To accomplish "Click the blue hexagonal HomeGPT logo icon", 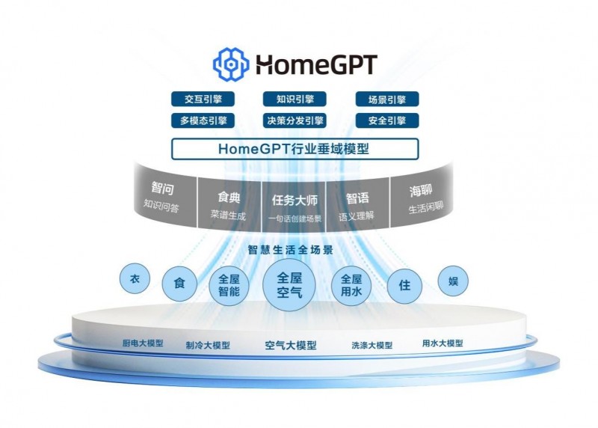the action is point(231,64).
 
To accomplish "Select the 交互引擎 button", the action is point(203,100).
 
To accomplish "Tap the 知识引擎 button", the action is point(295,100).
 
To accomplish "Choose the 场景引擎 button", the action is point(387,100).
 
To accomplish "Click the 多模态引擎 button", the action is point(203,120).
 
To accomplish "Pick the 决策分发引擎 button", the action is point(295,120).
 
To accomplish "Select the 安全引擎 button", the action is point(387,120).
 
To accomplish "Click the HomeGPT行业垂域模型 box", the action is point(295,149).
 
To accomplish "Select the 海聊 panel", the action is point(422,198).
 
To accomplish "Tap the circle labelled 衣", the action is point(135,278).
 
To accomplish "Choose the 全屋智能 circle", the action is point(229,286).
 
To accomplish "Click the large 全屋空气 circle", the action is point(289,285).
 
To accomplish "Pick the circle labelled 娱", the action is point(453,281).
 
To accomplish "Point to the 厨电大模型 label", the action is point(143,343).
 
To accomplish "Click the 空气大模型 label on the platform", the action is point(291,346).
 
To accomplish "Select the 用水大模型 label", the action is point(443,343).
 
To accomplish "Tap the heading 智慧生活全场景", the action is point(291,250).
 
